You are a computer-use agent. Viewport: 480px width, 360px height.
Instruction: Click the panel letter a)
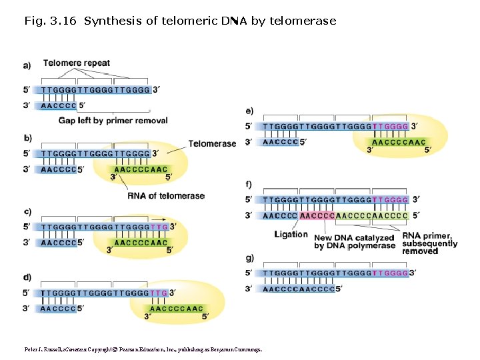[x=27, y=65]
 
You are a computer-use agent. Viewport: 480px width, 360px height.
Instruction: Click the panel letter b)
[x=27, y=139]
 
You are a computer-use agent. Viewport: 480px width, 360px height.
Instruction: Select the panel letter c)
[x=27, y=212]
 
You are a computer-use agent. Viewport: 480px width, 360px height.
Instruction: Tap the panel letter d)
[x=27, y=277]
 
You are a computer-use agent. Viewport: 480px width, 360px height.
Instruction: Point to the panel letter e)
[x=249, y=110]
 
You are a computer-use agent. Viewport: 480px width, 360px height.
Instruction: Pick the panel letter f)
[x=249, y=184]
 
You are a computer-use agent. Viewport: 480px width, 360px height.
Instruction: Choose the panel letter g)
[x=249, y=257]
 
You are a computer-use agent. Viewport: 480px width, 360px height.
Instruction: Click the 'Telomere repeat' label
[x=77, y=63]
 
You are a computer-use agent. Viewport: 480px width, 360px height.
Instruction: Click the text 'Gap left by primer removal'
[x=113, y=121]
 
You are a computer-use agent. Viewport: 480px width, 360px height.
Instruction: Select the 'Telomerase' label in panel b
[x=212, y=143]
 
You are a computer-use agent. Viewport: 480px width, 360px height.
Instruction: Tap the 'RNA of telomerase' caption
[x=166, y=195]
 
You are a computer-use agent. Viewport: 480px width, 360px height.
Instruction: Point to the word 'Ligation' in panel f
[x=291, y=234]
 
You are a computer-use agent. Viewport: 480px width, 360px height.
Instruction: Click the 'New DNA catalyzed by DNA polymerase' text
[x=355, y=242]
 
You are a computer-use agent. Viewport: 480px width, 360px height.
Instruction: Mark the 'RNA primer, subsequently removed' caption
[x=429, y=243]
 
